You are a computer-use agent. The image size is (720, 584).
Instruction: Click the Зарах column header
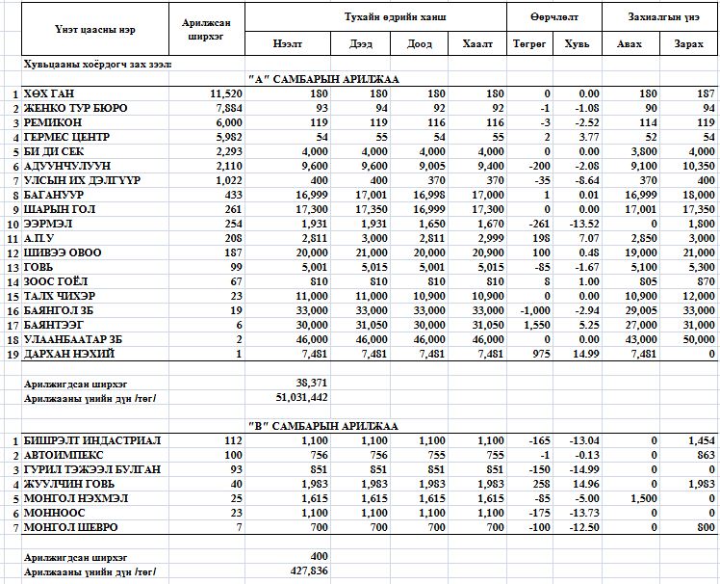click(688, 44)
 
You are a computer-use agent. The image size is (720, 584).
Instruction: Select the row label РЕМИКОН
click(54, 122)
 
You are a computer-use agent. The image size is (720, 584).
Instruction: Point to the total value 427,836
click(304, 571)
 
